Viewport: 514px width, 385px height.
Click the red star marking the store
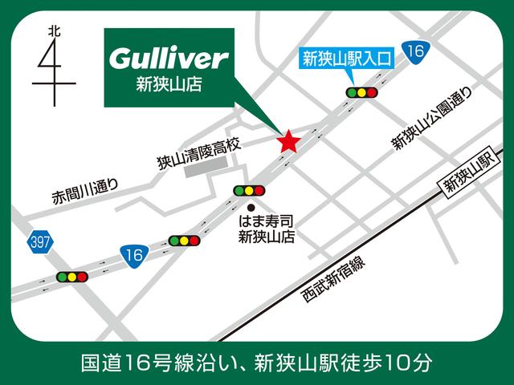pyautogui.click(x=289, y=142)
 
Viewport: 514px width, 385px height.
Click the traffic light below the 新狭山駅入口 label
pyautogui.click(x=361, y=92)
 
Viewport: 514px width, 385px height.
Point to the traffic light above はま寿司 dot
pyautogui.click(x=248, y=190)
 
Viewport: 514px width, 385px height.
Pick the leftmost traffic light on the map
pyautogui.click(x=71, y=277)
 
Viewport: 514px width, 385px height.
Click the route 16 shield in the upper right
pyautogui.click(x=414, y=52)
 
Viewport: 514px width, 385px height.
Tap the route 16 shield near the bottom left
pyautogui.click(x=135, y=255)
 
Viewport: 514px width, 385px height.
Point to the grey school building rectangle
pyautogui.click(x=206, y=170)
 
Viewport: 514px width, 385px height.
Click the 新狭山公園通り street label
pyautogui.click(x=422, y=121)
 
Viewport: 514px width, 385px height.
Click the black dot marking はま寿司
pyautogui.click(x=250, y=206)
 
